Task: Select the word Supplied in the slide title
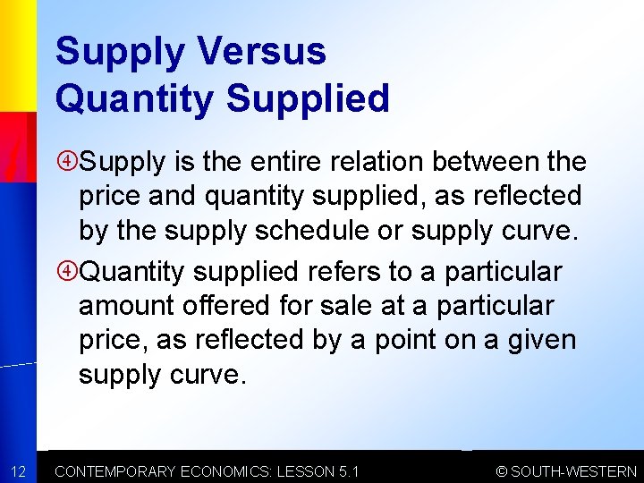(308, 97)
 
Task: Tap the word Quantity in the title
(133, 98)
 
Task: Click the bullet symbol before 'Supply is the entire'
(68, 162)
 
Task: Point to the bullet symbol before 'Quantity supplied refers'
(68, 271)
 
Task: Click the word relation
(377, 162)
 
